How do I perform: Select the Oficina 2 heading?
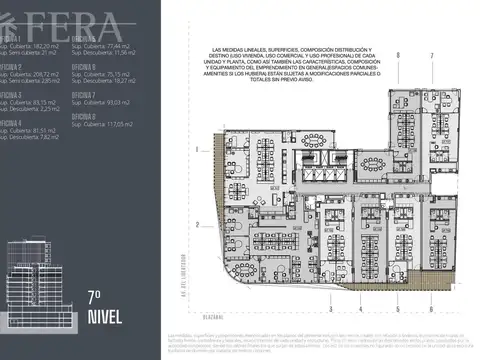point(11,66)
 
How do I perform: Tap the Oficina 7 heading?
point(84,94)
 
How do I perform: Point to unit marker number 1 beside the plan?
point(198,148)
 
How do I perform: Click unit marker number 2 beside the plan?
point(198,223)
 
